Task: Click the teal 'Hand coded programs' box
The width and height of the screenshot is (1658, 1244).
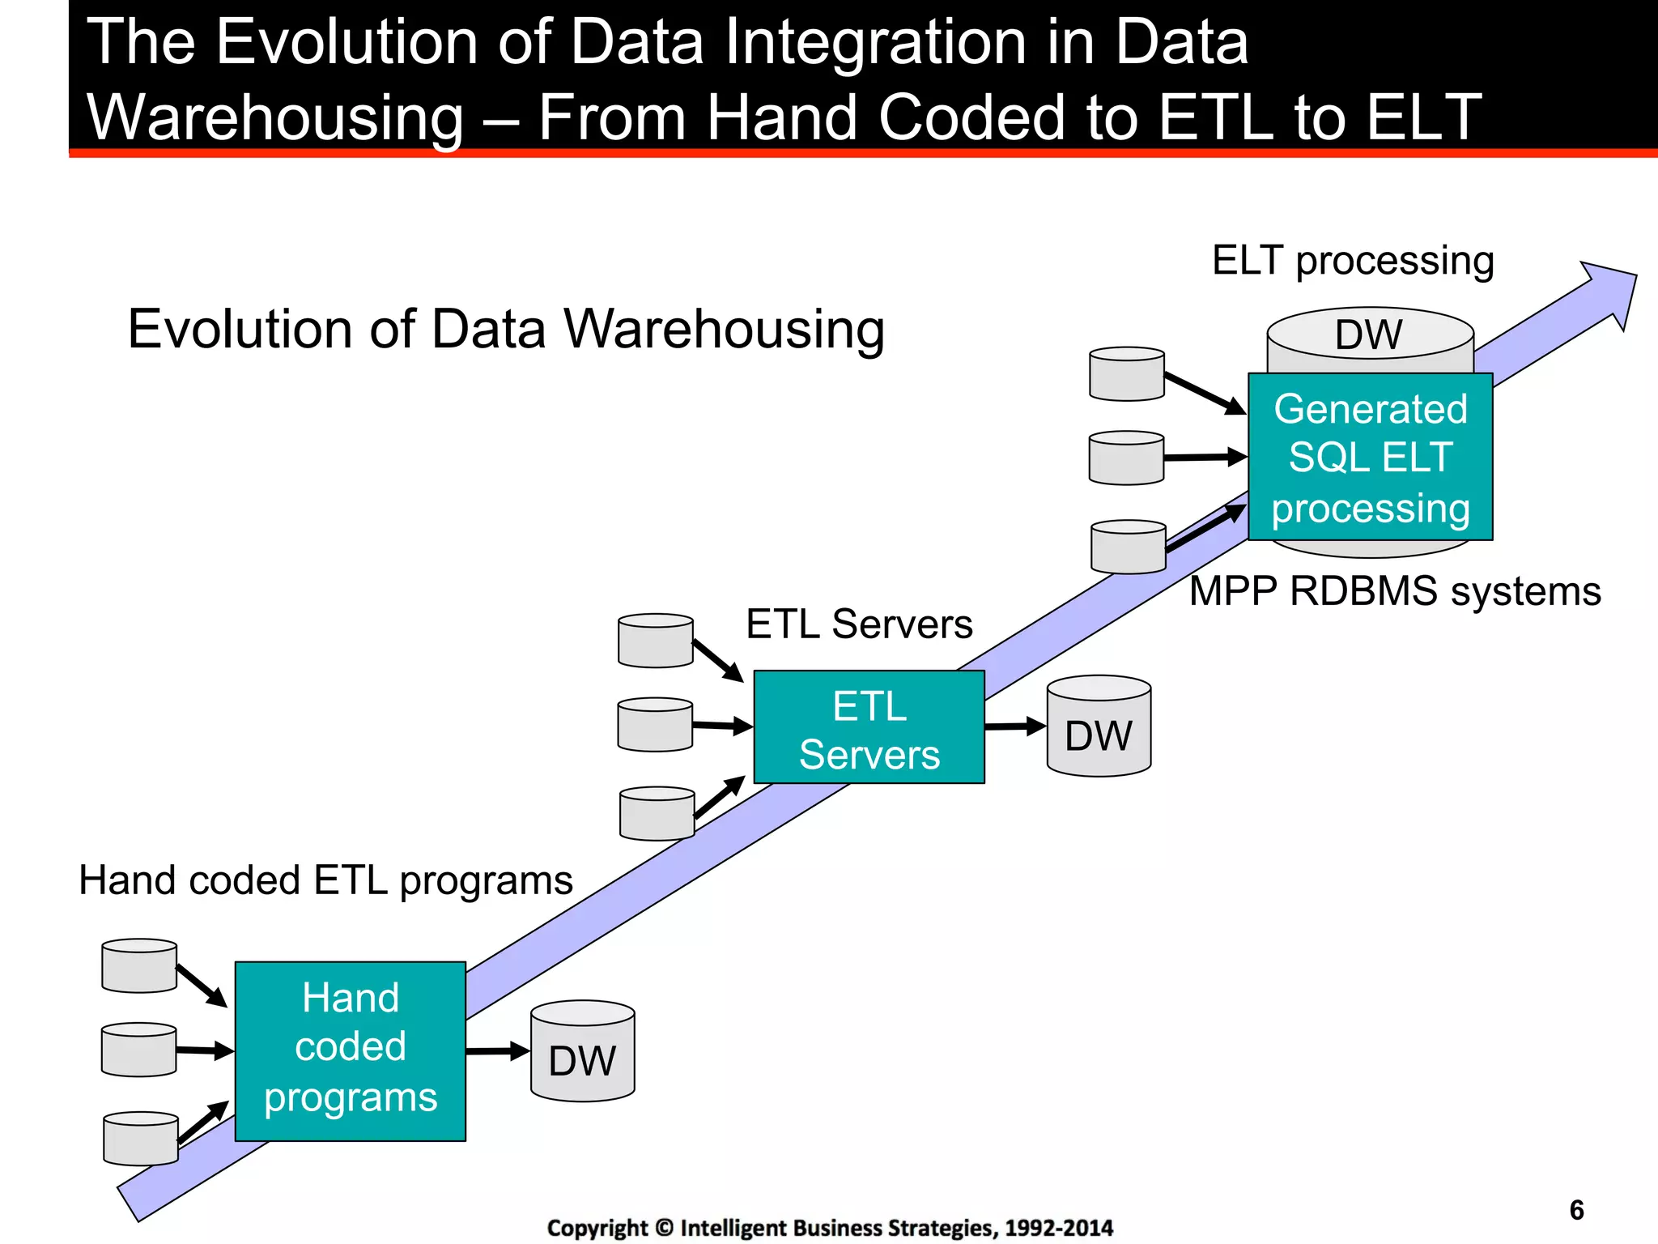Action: point(350,1050)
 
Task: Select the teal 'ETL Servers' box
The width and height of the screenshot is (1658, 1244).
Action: point(869,726)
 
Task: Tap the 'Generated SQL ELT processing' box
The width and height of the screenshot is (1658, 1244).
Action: point(1370,458)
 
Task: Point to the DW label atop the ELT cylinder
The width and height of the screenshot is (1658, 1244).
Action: point(1369,334)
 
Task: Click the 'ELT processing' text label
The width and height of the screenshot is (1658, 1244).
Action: point(1352,261)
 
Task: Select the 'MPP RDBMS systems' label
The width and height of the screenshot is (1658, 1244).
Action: point(1394,591)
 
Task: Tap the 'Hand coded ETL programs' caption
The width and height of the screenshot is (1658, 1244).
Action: point(325,880)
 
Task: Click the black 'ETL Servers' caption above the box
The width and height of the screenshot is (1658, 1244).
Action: point(859,624)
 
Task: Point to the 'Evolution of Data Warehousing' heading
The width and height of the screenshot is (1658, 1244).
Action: point(506,330)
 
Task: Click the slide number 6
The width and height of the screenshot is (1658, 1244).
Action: point(1576,1210)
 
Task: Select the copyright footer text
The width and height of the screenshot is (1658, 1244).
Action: point(830,1228)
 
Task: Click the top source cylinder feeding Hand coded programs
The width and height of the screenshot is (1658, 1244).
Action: point(139,965)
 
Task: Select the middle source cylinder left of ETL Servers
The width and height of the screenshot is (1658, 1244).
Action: point(655,725)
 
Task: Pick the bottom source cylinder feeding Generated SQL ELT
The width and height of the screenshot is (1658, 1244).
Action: point(1128,547)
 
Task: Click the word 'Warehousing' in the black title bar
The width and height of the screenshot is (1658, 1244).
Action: point(275,117)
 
